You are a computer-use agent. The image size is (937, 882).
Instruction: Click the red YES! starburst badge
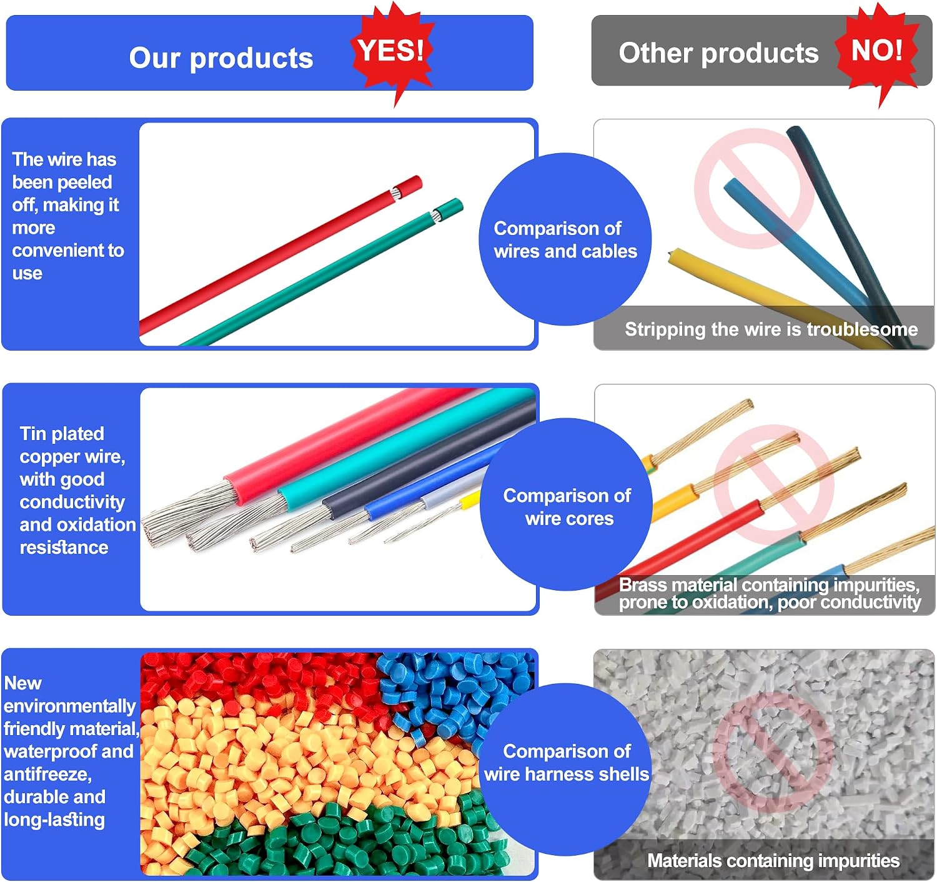[392, 52]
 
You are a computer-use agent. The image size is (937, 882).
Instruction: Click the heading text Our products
[221, 58]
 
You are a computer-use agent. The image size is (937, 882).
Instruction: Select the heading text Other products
[718, 53]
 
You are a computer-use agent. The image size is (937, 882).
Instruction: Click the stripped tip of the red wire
[396, 193]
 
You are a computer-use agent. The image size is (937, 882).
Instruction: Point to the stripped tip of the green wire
[436, 216]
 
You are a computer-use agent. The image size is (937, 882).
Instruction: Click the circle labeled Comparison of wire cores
[566, 504]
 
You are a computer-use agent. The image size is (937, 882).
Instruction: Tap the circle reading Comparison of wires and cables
[565, 239]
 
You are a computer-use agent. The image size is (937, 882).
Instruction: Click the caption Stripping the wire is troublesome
[771, 329]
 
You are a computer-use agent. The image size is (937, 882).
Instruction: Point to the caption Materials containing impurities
[773, 860]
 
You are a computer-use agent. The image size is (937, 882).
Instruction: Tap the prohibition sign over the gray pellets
[773, 752]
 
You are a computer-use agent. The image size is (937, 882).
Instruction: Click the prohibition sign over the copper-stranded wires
[774, 484]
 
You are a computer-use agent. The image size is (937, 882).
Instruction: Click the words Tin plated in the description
[62, 433]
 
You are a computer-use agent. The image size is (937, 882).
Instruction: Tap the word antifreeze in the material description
[47, 774]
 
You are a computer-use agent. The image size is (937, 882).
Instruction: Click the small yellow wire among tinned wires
[470, 500]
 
